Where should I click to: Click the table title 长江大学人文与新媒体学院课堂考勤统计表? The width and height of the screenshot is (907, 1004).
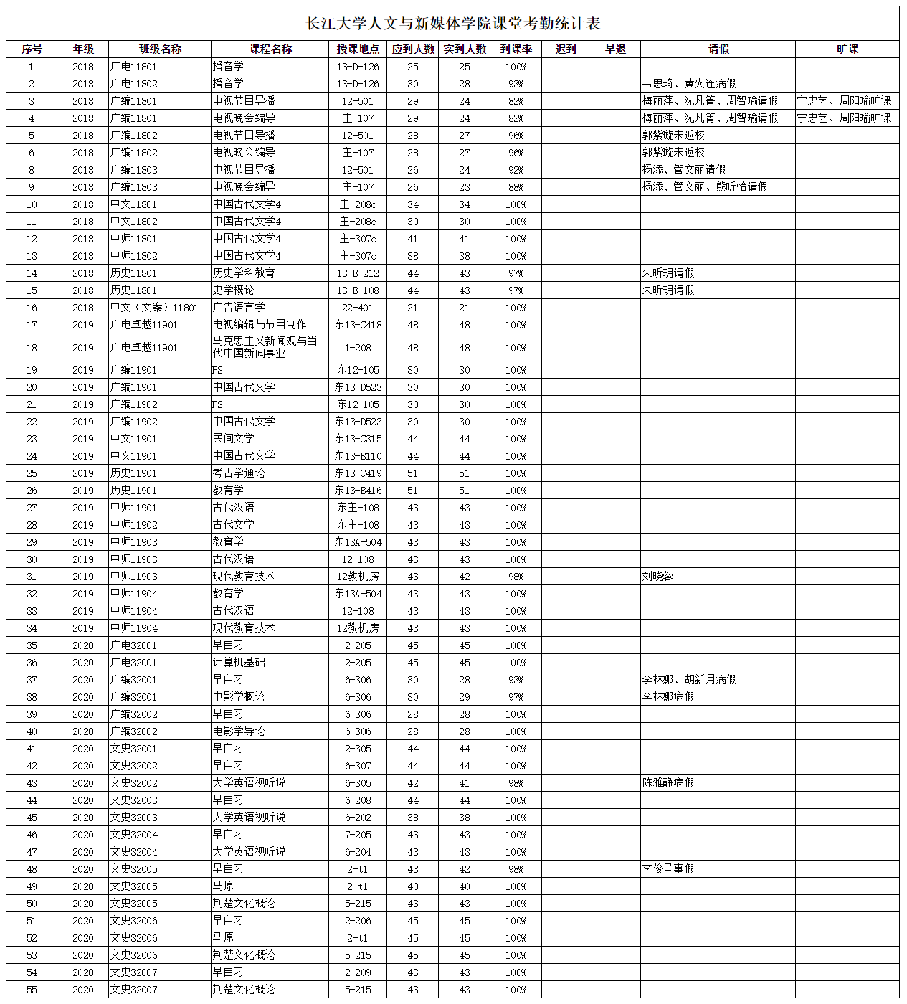pos(453,23)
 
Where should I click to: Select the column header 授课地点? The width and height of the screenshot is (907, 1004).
pos(358,49)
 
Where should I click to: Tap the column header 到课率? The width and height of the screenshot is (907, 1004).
pos(516,49)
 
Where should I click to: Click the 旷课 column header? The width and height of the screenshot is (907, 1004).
pos(847,49)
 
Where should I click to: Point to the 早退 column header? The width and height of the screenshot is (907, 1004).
pos(614,49)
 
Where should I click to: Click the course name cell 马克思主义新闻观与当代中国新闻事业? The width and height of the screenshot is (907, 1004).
pos(265,347)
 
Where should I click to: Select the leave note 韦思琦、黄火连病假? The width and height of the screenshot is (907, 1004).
pos(689,84)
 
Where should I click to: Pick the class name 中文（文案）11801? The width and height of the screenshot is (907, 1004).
pos(154,308)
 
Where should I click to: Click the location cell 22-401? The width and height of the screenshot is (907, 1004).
pos(358,308)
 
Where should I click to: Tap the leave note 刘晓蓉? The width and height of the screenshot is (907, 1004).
pos(657,577)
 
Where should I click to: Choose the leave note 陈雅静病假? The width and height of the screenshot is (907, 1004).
pos(668,783)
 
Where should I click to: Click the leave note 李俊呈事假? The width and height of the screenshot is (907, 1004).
pos(668,869)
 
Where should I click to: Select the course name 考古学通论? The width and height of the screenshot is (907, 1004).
pos(239,473)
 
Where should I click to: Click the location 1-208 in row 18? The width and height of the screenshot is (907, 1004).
pos(358,348)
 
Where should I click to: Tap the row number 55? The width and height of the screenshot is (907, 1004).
pos(32,990)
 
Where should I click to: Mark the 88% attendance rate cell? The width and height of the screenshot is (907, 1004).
pos(516,187)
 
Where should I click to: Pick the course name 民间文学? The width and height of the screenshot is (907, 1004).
pos(234,439)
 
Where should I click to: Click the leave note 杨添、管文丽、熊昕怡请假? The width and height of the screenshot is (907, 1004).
pos(705,187)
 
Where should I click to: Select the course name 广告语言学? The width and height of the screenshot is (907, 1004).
pos(239,308)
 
